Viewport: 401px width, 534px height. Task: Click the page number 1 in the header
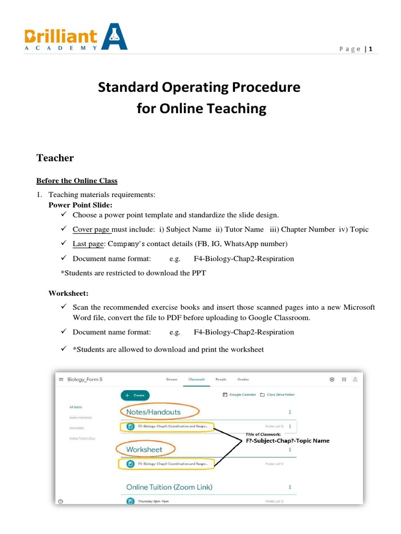(370, 49)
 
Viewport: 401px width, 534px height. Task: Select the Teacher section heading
(55, 157)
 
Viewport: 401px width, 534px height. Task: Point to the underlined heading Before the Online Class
(77, 180)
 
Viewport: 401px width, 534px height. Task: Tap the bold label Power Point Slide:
(80, 205)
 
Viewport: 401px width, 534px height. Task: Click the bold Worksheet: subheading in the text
(68, 294)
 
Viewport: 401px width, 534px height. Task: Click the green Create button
(135, 395)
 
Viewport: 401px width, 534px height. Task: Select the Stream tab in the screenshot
(172, 380)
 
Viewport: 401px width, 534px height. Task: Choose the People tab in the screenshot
(221, 380)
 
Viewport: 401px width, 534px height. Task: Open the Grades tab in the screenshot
(243, 380)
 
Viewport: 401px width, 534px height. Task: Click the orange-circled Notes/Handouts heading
(154, 411)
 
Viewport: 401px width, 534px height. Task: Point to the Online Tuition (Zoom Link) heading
(169, 487)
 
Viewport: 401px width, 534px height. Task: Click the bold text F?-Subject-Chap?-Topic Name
(287, 441)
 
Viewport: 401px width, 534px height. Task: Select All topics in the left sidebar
(76, 407)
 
